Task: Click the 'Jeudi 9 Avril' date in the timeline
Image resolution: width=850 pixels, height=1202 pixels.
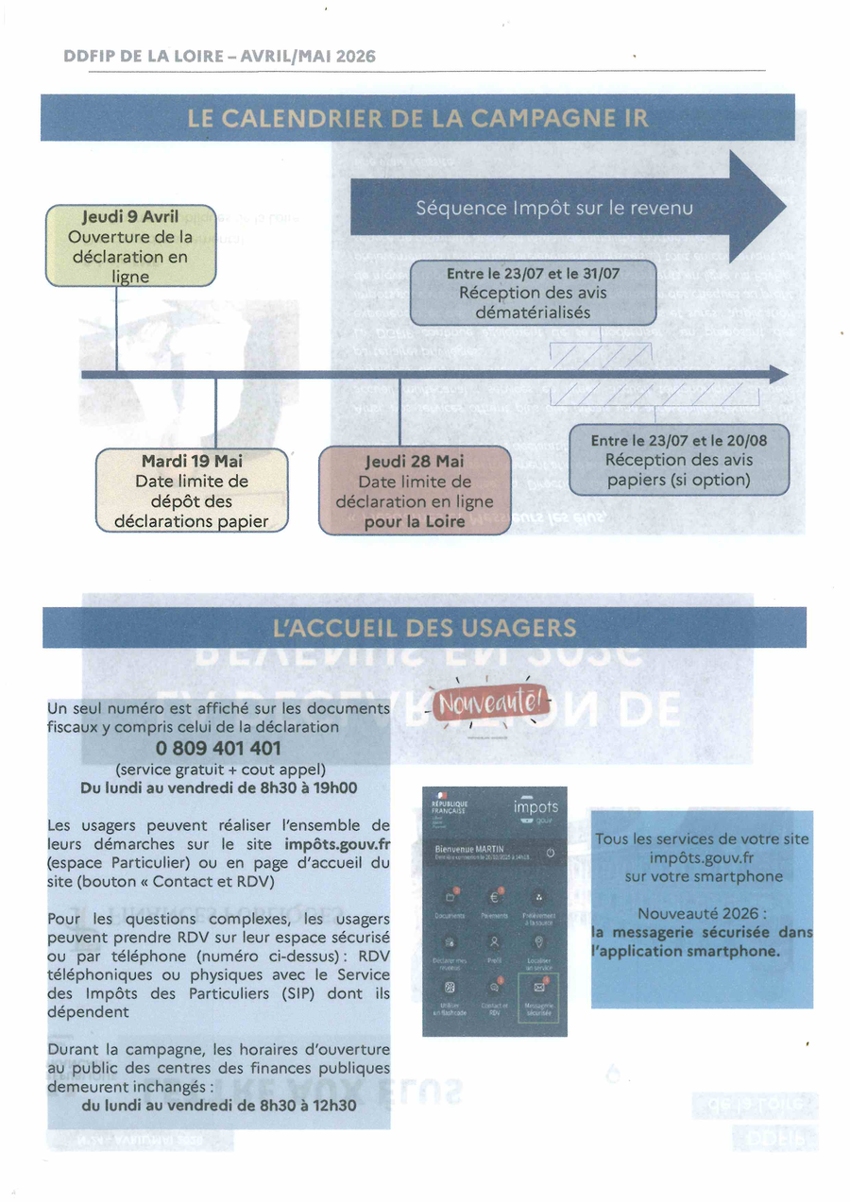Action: coord(130,217)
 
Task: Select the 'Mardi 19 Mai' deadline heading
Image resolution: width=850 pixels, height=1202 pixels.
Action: coord(192,461)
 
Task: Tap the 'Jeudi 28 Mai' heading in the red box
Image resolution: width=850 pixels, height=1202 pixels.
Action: coord(414,463)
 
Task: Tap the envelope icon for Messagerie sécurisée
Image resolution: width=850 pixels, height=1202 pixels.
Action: coord(539,989)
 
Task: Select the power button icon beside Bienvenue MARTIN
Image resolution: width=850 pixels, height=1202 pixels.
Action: coord(551,853)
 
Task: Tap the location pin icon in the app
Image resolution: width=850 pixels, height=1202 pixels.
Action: coord(539,943)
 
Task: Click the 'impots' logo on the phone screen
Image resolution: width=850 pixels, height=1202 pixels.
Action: coord(535,807)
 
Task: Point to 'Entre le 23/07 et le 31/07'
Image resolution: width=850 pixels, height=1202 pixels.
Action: coord(533,274)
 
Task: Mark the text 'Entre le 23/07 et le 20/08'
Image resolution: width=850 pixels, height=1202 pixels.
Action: coord(678,440)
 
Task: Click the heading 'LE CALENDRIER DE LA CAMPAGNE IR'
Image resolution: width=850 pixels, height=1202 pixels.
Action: coord(417,118)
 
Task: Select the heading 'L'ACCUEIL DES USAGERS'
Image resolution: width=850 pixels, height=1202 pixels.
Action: coord(423,628)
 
